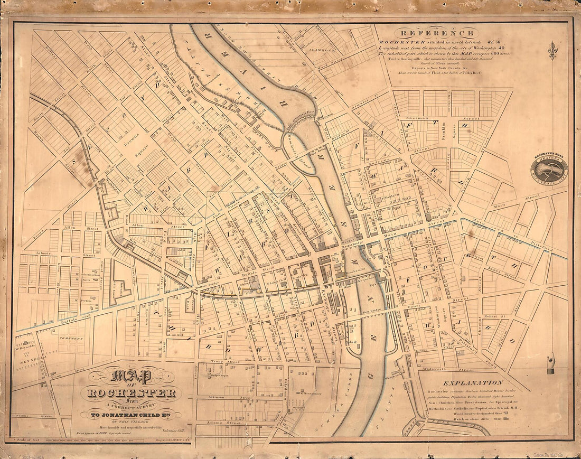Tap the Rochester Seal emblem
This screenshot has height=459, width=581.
549,168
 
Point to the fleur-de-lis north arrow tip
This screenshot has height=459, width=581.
552,44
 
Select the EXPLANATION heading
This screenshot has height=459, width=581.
473,382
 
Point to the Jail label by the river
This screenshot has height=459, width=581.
353,342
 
